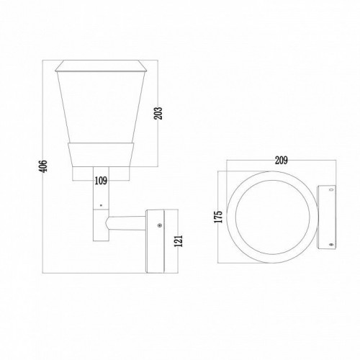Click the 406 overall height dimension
tap(43, 166)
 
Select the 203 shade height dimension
tap(158, 113)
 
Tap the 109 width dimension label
tap(101, 181)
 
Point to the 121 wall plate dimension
tap(179, 240)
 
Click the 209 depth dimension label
tap(282, 161)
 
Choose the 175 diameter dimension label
tap(219, 217)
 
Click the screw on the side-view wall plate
tap(159, 225)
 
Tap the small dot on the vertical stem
tap(101, 205)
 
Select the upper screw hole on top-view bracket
tap(332, 189)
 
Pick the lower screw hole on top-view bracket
tap(332, 245)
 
